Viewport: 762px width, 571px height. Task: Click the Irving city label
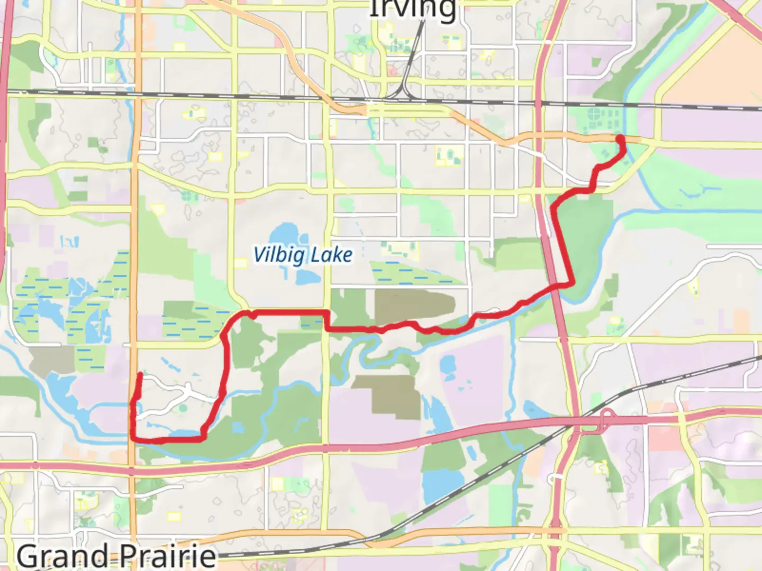(x=412, y=9)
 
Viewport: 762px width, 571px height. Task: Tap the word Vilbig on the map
(x=279, y=255)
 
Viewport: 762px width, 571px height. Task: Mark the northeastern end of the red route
(x=619, y=139)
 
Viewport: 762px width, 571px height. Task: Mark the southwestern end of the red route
(x=140, y=375)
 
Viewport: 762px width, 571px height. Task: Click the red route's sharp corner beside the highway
(x=571, y=283)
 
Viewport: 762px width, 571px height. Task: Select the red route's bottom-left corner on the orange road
(x=133, y=438)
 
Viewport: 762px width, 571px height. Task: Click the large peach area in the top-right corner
(x=714, y=63)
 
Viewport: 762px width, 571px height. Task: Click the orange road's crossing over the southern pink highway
(x=132, y=468)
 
